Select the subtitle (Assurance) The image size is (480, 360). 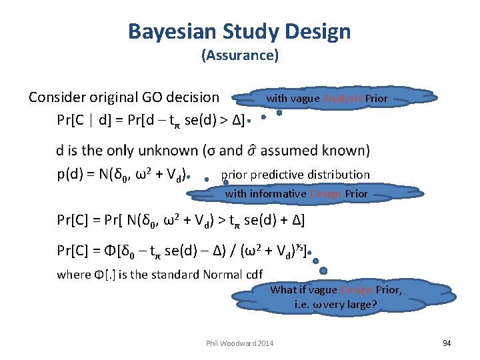click(239, 55)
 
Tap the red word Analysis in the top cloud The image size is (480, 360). click(343, 99)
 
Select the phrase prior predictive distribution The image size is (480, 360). click(295, 175)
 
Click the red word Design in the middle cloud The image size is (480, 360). click(325, 194)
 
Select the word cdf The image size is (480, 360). click(253, 274)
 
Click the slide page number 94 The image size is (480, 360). click(447, 343)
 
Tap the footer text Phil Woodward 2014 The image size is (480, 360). click(240, 343)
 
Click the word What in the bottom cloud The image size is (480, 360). click(283, 289)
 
